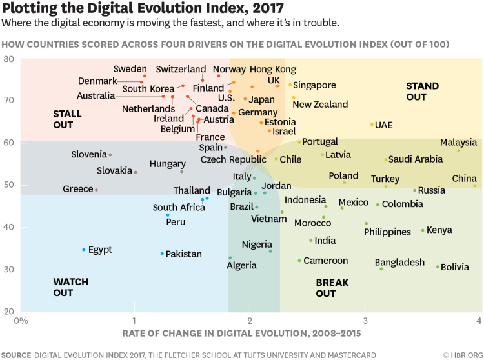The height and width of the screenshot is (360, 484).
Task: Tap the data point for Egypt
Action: click(x=84, y=250)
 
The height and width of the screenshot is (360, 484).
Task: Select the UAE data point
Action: click(x=372, y=125)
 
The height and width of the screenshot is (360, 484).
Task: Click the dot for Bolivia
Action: click(x=438, y=266)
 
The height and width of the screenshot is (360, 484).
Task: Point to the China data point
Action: click(x=475, y=186)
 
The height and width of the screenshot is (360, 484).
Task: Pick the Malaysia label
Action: click(x=459, y=143)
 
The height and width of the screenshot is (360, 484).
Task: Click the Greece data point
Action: click(x=96, y=190)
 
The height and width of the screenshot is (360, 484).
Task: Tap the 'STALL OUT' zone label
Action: click(x=67, y=119)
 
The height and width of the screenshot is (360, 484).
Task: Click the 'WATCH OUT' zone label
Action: click(x=71, y=288)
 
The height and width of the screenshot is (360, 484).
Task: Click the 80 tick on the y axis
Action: click(x=9, y=59)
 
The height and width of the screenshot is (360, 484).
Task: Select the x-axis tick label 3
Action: click(x=365, y=320)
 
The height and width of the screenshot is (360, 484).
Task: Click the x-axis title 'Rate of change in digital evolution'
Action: click(x=241, y=334)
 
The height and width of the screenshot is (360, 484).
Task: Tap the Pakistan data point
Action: click(x=162, y=254)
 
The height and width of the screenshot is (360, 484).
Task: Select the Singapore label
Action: click(x=314, y=85)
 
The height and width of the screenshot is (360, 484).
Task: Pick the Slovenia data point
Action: click(x=110, y=155)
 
